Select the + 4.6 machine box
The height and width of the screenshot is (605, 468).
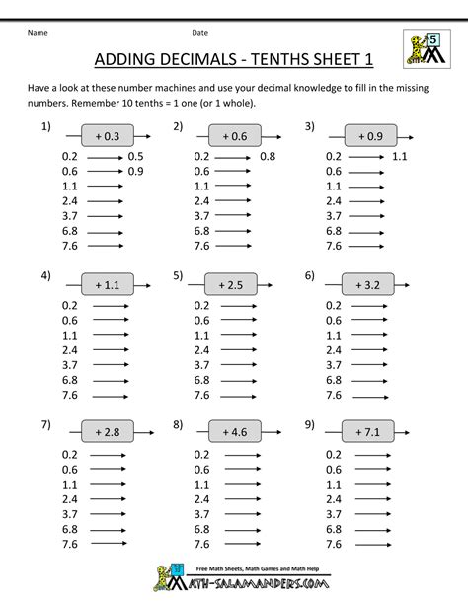[233, 431]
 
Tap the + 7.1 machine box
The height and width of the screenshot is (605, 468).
[368, 431]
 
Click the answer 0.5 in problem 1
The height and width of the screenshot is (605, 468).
[135, 156]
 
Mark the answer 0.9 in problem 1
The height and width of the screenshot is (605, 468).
[135, 170]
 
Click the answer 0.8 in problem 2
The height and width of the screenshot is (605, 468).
[268, 156]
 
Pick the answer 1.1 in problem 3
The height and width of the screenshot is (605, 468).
[399, 156]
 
